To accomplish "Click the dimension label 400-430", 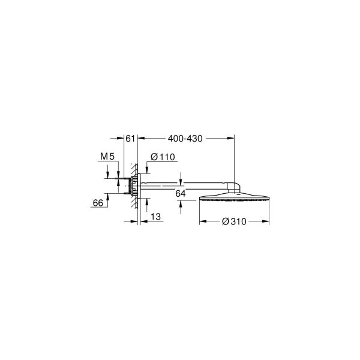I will click(x=187, y=139).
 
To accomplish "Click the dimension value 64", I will click(x=179, y=193).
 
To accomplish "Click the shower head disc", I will click(x=234, y=199).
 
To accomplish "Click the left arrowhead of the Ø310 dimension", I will click(x=201, y=221).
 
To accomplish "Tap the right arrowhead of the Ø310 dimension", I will click(x=266, y=221).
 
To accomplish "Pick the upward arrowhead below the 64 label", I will click(x=181, y=203).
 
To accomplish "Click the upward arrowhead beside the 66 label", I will click(x=109, y=195).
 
